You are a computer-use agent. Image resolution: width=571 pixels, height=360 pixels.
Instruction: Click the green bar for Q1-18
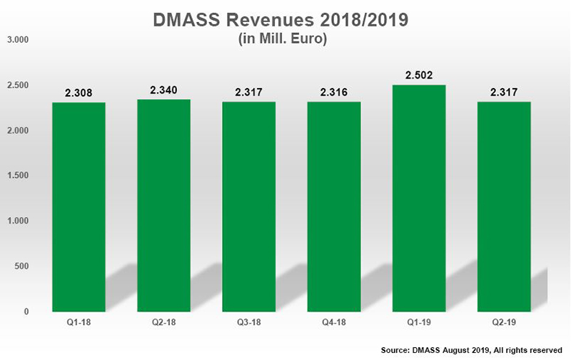(x=79, y=207)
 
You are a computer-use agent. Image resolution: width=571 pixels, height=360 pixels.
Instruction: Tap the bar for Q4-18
(x=334, y=207)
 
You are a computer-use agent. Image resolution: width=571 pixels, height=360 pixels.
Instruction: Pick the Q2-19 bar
(x=504, y=207)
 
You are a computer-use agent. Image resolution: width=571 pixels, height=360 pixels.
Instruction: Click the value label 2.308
(x=79, y=94)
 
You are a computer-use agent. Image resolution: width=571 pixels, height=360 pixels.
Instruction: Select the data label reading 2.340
(x=163, y=91)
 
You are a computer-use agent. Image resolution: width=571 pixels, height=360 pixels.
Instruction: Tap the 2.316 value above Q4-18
(x=334, y=93)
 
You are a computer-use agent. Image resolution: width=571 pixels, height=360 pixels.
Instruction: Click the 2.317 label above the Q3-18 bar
(x=249, y=93)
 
